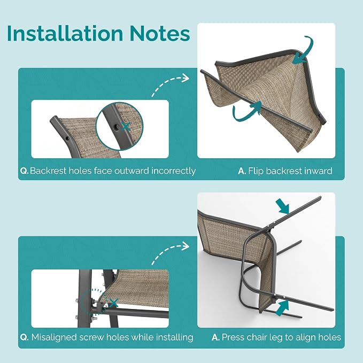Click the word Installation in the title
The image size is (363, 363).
click(65, 33)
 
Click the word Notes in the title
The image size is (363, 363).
click(159, 33)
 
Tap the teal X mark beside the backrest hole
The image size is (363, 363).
click(126, 126)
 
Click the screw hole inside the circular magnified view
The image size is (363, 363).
click(117, 126)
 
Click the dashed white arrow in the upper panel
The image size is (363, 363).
click(170, 86)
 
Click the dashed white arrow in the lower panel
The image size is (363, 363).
click(170, 253)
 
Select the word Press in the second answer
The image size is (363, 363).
click(233, 337)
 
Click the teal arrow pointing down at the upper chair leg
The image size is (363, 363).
click(283, 206)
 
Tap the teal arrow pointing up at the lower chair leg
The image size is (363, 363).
click(282, 307)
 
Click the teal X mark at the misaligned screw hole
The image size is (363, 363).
click(113, 303)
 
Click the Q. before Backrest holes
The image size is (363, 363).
click(24, 171)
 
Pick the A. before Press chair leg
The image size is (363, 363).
click(215, 337)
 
